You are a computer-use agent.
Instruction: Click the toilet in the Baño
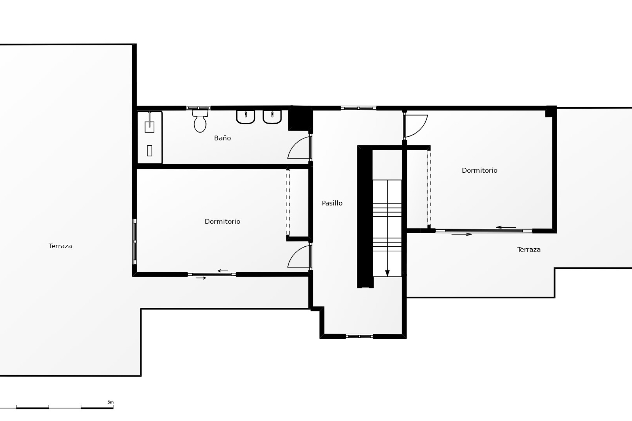tap(200, 121)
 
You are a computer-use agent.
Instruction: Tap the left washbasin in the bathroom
tap(246, 117)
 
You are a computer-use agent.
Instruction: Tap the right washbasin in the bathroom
tap(272, 117)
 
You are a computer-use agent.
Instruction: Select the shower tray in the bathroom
tap(150, 137)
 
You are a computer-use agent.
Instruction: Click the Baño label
tap(223, 138)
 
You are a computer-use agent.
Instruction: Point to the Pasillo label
tap(332, 203)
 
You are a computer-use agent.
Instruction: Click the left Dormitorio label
tap(223, 222)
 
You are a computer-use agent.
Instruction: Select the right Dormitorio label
tap(479, 170)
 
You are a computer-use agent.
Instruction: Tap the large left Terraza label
tap(60, 246)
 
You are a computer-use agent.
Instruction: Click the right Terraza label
tap(529, 250)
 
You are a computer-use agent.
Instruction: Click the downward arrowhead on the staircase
tap(387, 273)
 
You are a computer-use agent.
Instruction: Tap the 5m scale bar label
tap(110, 402)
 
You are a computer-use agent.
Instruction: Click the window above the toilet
tap(198, 108)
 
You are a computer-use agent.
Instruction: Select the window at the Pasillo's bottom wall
tap(359, 336)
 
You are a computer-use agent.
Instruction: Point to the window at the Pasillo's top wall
tap(358, 108)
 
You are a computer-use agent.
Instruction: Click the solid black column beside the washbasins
tap(300, 119)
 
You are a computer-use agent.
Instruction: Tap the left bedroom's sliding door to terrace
tap(212, 274)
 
